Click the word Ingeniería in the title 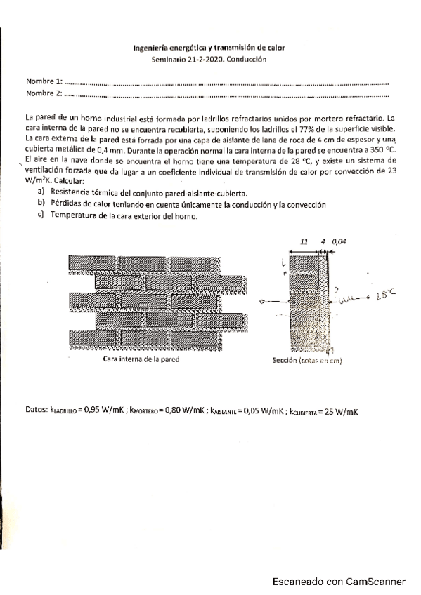pyautogui.click(x=151, y=48)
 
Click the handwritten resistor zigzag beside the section pyautogui.click(x=349, y=300)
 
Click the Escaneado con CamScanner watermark pyautogui.click(x=339, y=582)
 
